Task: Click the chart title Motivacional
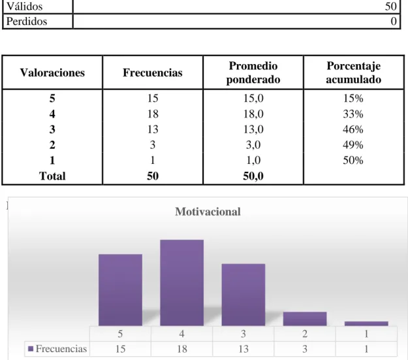coord(208,212)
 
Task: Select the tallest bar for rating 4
coord(182,283)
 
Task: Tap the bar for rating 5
coord(120,290)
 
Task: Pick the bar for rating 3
coord(243,295)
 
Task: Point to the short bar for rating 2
coord(305,319)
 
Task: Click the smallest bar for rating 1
coord(366,323)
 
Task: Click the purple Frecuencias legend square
coord(31,348)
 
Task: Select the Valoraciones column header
coord(52,73)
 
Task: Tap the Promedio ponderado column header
coord(253,73)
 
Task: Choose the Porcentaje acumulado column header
coord(354,73)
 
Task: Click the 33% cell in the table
coord(353,114)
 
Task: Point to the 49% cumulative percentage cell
coord(353,145)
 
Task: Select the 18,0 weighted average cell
coord(253,114)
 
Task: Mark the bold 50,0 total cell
coord(253,176)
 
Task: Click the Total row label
coord(52,176)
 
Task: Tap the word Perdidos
coord(27,22)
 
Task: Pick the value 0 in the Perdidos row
coord(394,22)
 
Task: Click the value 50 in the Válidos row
coord(391,7)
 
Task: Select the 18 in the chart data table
coord(182,349)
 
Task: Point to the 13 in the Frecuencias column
coord(153,129)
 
